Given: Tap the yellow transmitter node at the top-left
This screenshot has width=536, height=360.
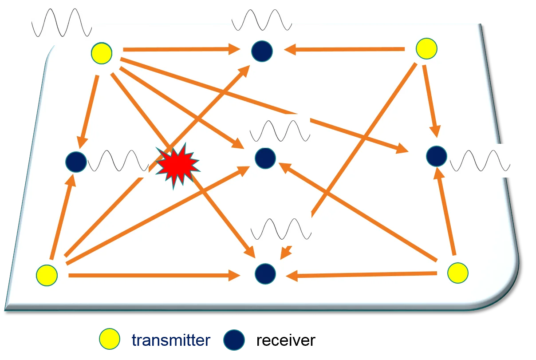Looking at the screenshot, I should coord(102,54).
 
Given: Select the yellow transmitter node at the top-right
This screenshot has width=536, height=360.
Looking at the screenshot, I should coord(426,49).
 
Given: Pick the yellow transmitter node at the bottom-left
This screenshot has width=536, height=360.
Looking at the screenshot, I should coord(47,275).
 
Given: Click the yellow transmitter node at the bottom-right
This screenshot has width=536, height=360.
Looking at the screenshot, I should coord(457,273).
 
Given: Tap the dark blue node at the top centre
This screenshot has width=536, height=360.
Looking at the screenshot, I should coord(262,51).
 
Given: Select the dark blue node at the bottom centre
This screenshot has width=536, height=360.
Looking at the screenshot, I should coord(265,273).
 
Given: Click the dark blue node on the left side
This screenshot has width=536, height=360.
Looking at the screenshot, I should coord(76,162).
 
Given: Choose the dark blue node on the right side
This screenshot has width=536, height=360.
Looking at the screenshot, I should coord(436,156).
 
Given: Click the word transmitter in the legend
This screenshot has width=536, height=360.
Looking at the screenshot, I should coord(171,340).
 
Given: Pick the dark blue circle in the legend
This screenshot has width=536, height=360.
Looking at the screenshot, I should coord(234,340).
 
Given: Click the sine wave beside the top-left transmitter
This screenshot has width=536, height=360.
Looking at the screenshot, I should coord(61,24).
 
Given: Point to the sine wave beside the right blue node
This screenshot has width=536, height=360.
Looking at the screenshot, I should coord(480,160).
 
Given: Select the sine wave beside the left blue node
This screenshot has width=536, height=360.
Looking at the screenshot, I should coord(118,161).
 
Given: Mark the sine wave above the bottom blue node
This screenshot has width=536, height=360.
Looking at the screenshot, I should coord(280,229).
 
